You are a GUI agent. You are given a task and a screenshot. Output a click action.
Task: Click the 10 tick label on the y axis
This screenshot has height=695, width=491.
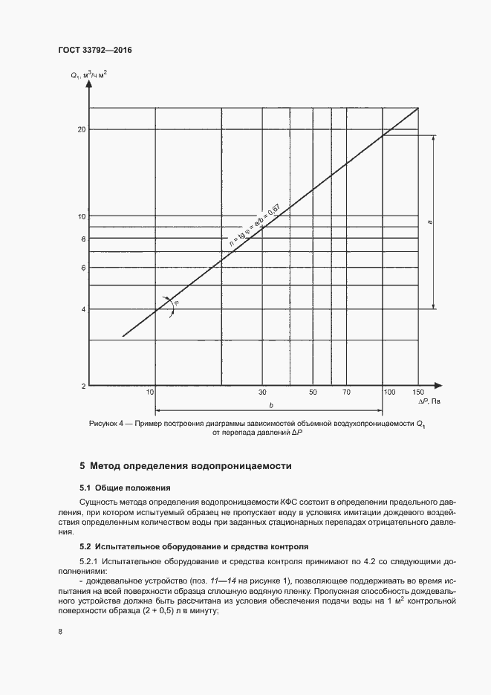82,216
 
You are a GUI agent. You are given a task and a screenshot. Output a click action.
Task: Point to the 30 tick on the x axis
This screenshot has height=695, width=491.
262,392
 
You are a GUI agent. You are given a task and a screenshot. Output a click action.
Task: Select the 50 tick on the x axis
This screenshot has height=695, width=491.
313,392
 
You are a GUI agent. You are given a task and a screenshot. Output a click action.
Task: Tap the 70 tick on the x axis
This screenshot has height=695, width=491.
346,392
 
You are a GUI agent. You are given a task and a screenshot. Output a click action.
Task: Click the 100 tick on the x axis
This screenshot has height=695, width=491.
388,392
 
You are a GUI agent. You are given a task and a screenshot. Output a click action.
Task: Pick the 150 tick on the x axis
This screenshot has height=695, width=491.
417,392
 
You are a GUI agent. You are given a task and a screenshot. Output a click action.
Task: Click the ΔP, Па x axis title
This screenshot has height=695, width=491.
429,401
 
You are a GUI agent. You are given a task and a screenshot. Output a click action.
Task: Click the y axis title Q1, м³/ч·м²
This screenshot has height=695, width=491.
89,74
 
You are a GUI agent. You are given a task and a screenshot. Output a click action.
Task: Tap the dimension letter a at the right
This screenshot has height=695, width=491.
430,222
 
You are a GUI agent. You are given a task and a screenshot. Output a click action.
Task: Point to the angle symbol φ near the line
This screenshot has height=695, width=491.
176,303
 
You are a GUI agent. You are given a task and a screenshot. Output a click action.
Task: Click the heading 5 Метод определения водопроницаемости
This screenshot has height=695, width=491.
186,466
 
